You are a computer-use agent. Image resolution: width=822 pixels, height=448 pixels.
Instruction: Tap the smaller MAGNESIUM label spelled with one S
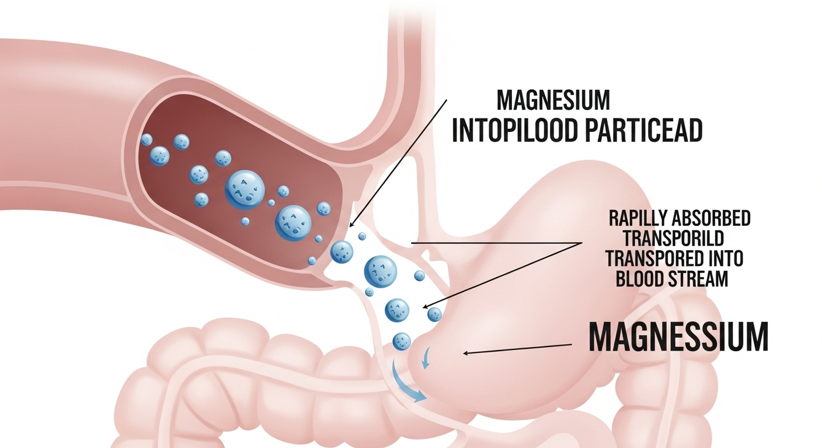552,100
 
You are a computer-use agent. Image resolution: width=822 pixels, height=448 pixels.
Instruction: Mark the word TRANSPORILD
674,239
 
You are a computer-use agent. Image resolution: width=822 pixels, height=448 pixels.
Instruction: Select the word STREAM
700,278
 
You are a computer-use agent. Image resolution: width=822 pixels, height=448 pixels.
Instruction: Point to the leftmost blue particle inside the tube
146,139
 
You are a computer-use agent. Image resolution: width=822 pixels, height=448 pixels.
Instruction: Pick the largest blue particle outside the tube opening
380,269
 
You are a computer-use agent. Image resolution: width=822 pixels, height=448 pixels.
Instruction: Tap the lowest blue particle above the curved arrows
401,340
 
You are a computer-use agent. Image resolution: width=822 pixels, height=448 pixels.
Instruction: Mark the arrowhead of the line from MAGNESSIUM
464,352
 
